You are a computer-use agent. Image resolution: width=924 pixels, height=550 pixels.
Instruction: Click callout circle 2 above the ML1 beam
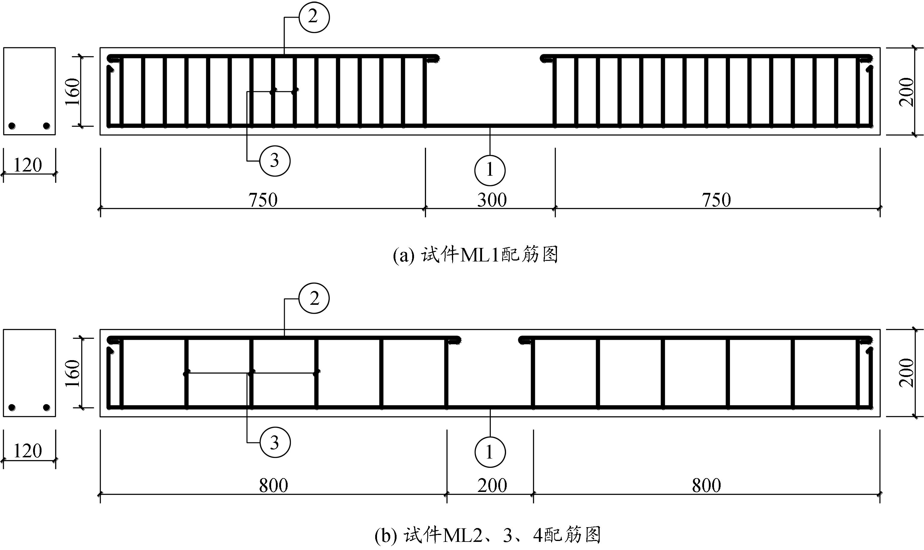click(x=314, y=17)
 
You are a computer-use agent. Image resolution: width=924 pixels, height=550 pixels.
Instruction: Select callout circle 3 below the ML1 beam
click(x=275, y=161)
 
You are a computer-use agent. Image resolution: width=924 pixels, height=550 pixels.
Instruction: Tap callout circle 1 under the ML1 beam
click(x=490, y=170)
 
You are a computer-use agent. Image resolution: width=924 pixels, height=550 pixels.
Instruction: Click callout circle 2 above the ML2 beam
click(x=314, y=298)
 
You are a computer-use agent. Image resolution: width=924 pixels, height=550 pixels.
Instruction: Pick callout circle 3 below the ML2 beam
click(x=275, y=443)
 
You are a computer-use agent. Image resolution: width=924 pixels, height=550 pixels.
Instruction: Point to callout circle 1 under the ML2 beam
click(x=490, y=452)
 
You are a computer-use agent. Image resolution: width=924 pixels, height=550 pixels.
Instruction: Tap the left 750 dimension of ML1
click(x=263, y=200)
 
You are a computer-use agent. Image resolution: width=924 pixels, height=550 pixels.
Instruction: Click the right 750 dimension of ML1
click(x=716, y=200)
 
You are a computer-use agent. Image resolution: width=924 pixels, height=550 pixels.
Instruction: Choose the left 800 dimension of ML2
click(x=273, y=486)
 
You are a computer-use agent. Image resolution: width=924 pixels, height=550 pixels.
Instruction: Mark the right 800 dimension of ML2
click(x=706, y=486)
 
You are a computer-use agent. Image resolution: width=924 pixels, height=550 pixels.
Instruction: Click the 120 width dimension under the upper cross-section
click(x=28, y=165)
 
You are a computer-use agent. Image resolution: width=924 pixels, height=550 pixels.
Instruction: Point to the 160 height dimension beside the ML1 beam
click(x=73, y=92)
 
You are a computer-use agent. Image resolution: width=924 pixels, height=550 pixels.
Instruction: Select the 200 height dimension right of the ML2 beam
click(x=907, y=373)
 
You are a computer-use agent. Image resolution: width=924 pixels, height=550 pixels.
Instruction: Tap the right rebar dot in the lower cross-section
click(x=46, y=408)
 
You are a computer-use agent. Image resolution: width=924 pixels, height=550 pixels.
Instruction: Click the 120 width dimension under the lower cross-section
click(x=28, y=451)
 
